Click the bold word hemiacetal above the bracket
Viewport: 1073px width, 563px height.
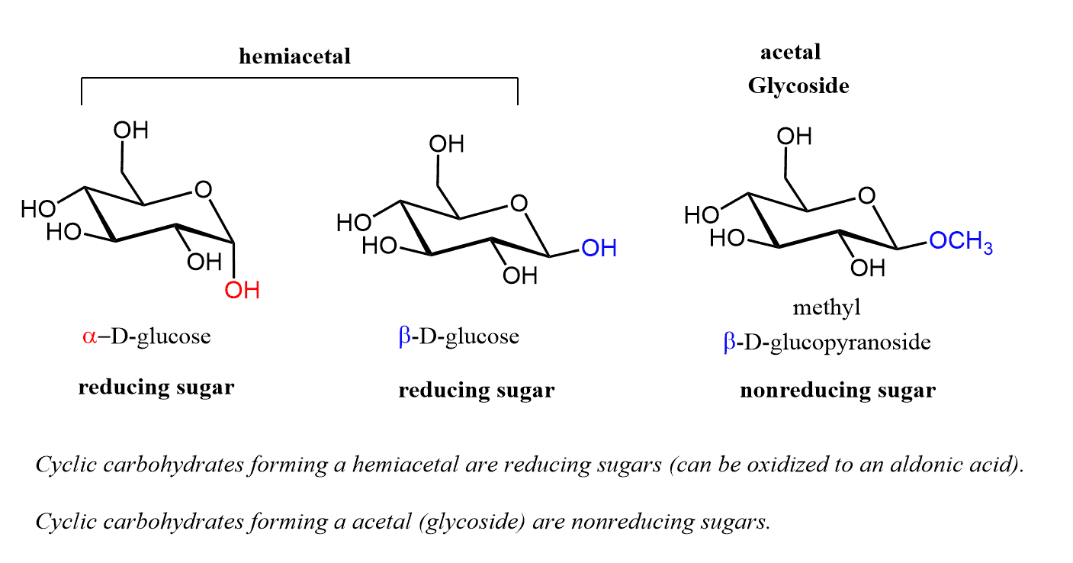(294, 56)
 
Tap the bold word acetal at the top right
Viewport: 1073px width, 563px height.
(790, 53)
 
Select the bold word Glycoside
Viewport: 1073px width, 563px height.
(798, 85)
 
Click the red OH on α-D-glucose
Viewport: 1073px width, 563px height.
(243, 291)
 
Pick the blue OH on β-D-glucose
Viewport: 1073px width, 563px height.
(599, 248)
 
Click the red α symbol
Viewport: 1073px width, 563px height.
(90, 336)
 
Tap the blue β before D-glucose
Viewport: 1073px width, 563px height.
(404, 337)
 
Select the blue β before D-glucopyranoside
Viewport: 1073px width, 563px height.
(730, 343)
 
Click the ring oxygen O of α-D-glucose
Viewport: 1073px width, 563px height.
(202, 188)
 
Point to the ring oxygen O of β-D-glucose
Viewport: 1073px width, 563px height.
(519, 204)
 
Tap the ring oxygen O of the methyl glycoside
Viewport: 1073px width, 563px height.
(866, 196)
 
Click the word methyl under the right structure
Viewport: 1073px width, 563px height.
(826, 308)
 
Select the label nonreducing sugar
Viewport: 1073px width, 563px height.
(837, 391)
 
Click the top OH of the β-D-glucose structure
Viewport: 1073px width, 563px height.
(447, 144)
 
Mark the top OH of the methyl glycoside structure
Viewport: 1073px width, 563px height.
(794, 137)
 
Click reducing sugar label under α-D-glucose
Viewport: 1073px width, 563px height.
(156, 388)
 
